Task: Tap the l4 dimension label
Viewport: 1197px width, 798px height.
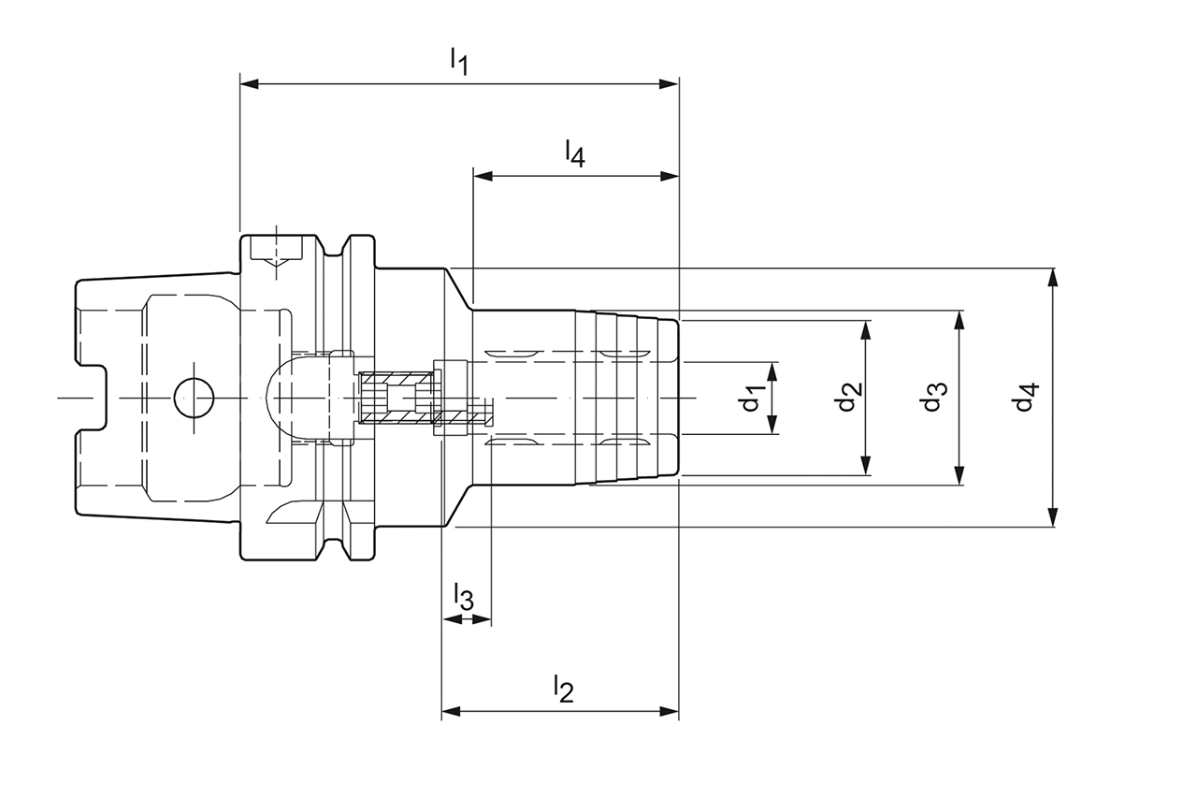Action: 573,153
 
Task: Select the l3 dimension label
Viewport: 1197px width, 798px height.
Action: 463,596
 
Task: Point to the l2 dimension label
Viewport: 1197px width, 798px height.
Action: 561,689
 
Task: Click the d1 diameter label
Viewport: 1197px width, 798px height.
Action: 753,398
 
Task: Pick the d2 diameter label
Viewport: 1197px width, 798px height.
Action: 847,398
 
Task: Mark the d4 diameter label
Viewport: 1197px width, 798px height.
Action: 1027,398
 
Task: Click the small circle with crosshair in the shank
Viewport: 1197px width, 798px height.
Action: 194,399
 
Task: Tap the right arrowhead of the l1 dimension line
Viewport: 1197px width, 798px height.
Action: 670,84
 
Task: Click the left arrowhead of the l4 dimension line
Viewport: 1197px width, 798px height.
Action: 482,176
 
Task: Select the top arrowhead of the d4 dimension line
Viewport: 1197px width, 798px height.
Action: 1053,277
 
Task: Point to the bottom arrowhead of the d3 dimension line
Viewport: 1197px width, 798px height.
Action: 959,476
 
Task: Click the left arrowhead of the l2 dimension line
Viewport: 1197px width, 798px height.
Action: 451,712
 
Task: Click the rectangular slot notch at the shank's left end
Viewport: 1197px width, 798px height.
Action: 92,398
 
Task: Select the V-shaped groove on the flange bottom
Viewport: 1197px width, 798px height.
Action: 338,545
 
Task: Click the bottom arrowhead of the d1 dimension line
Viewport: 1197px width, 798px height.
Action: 773,426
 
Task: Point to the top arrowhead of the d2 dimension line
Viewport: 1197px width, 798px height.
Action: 866,329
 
